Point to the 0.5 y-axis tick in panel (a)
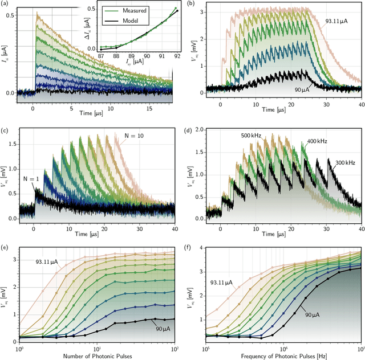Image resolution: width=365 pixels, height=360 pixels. coord(11,14)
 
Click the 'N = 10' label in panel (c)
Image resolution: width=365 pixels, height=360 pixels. coord(135,136)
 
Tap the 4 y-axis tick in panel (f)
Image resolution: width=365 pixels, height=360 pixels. coord(200,248)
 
